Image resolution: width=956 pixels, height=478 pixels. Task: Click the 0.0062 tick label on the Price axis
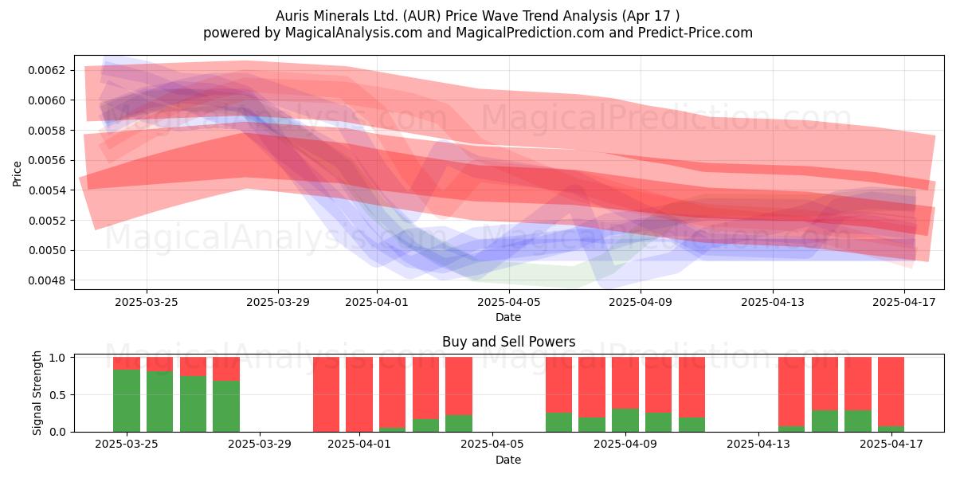[46, 70]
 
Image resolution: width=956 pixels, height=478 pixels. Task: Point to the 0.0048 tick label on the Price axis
[46, 280]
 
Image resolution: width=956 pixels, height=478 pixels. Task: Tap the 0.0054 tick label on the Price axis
[46, 190]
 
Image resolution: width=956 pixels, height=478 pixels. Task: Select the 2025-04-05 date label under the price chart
[509, 302]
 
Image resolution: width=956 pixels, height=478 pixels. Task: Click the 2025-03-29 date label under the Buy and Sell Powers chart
[260, 444]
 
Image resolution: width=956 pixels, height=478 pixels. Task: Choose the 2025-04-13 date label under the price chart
[773, 302]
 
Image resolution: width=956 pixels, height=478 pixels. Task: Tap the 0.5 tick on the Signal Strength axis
[57, 395]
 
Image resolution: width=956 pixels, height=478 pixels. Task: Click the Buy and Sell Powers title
[509, 342]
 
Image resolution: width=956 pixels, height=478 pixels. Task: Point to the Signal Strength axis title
[37, 393]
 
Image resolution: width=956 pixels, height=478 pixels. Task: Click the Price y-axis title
[17, 174]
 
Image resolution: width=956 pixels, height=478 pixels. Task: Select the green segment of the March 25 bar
[127, 401]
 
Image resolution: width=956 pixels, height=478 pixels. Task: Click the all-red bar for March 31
[326, 394]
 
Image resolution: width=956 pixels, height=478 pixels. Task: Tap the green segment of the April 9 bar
[625, 421]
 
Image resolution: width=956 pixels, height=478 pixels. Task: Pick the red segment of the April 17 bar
[891, 392]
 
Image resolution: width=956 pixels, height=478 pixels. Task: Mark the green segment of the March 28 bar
[226, 406]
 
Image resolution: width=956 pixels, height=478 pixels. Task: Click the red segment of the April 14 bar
[791, 392]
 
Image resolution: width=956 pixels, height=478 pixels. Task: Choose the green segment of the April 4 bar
[459, 423]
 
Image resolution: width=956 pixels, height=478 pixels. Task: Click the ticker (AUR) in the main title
[421, 16]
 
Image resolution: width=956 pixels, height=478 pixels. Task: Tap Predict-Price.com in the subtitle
[695, 33]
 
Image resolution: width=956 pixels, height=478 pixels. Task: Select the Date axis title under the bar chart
[508, 460]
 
